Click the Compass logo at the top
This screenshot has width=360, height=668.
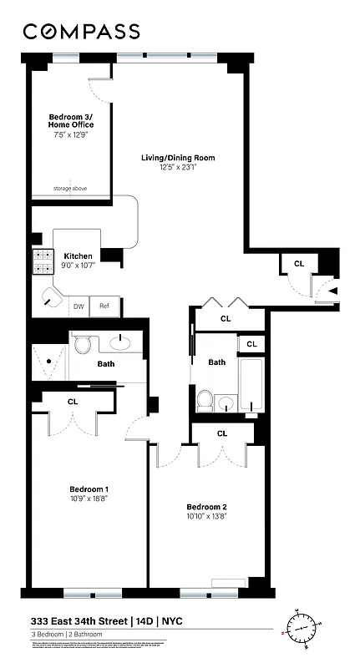81,31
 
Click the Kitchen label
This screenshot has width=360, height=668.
78,256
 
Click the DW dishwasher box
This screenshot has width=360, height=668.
79,306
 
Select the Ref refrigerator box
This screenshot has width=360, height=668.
104,306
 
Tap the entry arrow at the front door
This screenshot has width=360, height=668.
332,291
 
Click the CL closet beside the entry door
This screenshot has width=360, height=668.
299,264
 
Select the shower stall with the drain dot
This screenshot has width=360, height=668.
50,362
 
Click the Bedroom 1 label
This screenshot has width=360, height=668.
89,489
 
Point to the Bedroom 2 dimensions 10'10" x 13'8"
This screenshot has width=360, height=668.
206,518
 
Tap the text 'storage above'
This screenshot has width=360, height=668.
70,189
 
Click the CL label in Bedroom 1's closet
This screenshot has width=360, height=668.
73,402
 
